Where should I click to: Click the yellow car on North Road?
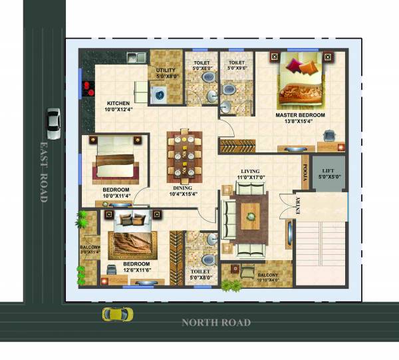point(117,314)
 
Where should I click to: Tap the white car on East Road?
point(53,123)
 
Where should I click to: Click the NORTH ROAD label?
point(216,323)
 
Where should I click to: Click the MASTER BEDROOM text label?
point(300,115)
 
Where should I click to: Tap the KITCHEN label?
point(118,104)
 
